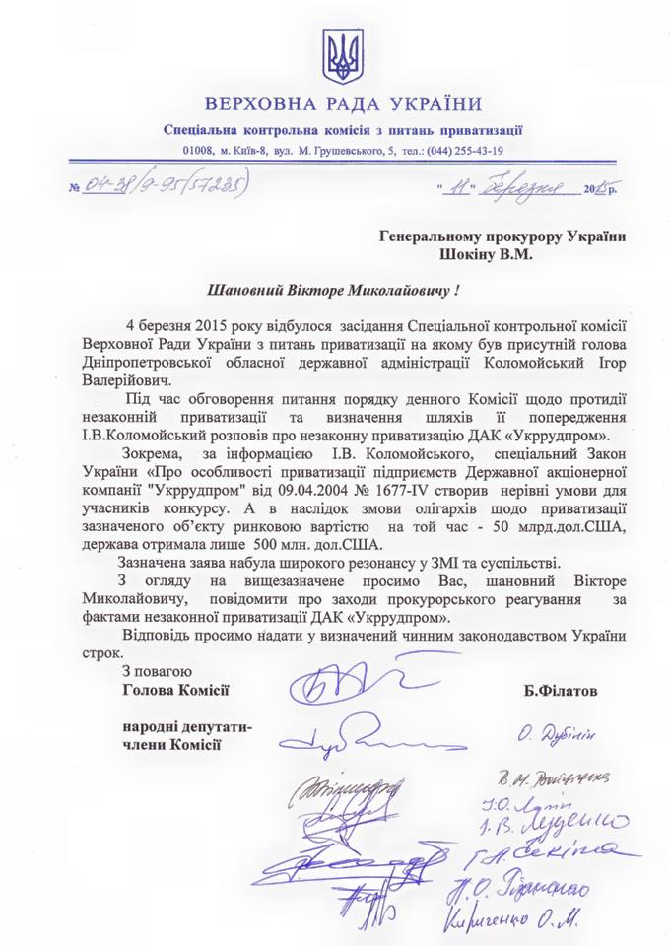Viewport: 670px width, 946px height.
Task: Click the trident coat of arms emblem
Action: pyautogui.click(x=343, y=56)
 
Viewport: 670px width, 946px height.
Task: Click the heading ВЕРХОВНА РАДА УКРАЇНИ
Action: pyautogui.click(x=344, y=105)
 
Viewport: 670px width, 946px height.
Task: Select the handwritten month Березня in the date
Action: pyautogui.click(x=533, y=184)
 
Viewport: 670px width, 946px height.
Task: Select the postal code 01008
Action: pyautogui.click(x=199, y=150)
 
